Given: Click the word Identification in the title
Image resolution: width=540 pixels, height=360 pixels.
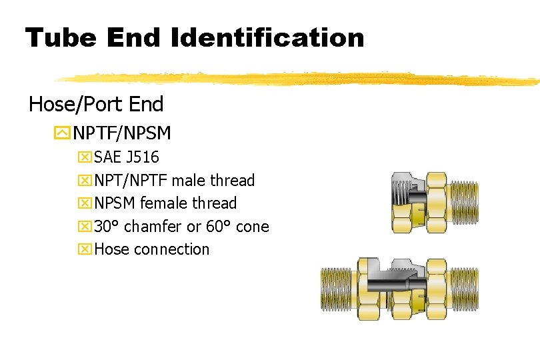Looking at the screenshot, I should [268, 38].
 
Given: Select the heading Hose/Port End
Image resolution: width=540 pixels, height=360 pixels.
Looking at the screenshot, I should [96, 104].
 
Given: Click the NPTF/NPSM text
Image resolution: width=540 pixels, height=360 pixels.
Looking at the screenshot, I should [122, 133].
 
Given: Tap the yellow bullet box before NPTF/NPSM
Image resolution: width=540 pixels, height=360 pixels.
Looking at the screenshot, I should [62, 133].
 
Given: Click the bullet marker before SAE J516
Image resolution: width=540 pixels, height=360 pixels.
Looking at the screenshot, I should [85, 158].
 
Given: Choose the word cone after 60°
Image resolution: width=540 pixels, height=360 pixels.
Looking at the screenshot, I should [252, 227].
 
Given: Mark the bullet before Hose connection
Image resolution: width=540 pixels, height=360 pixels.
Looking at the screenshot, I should [85, 249].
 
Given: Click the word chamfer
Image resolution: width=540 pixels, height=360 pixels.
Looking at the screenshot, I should [153, 227].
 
